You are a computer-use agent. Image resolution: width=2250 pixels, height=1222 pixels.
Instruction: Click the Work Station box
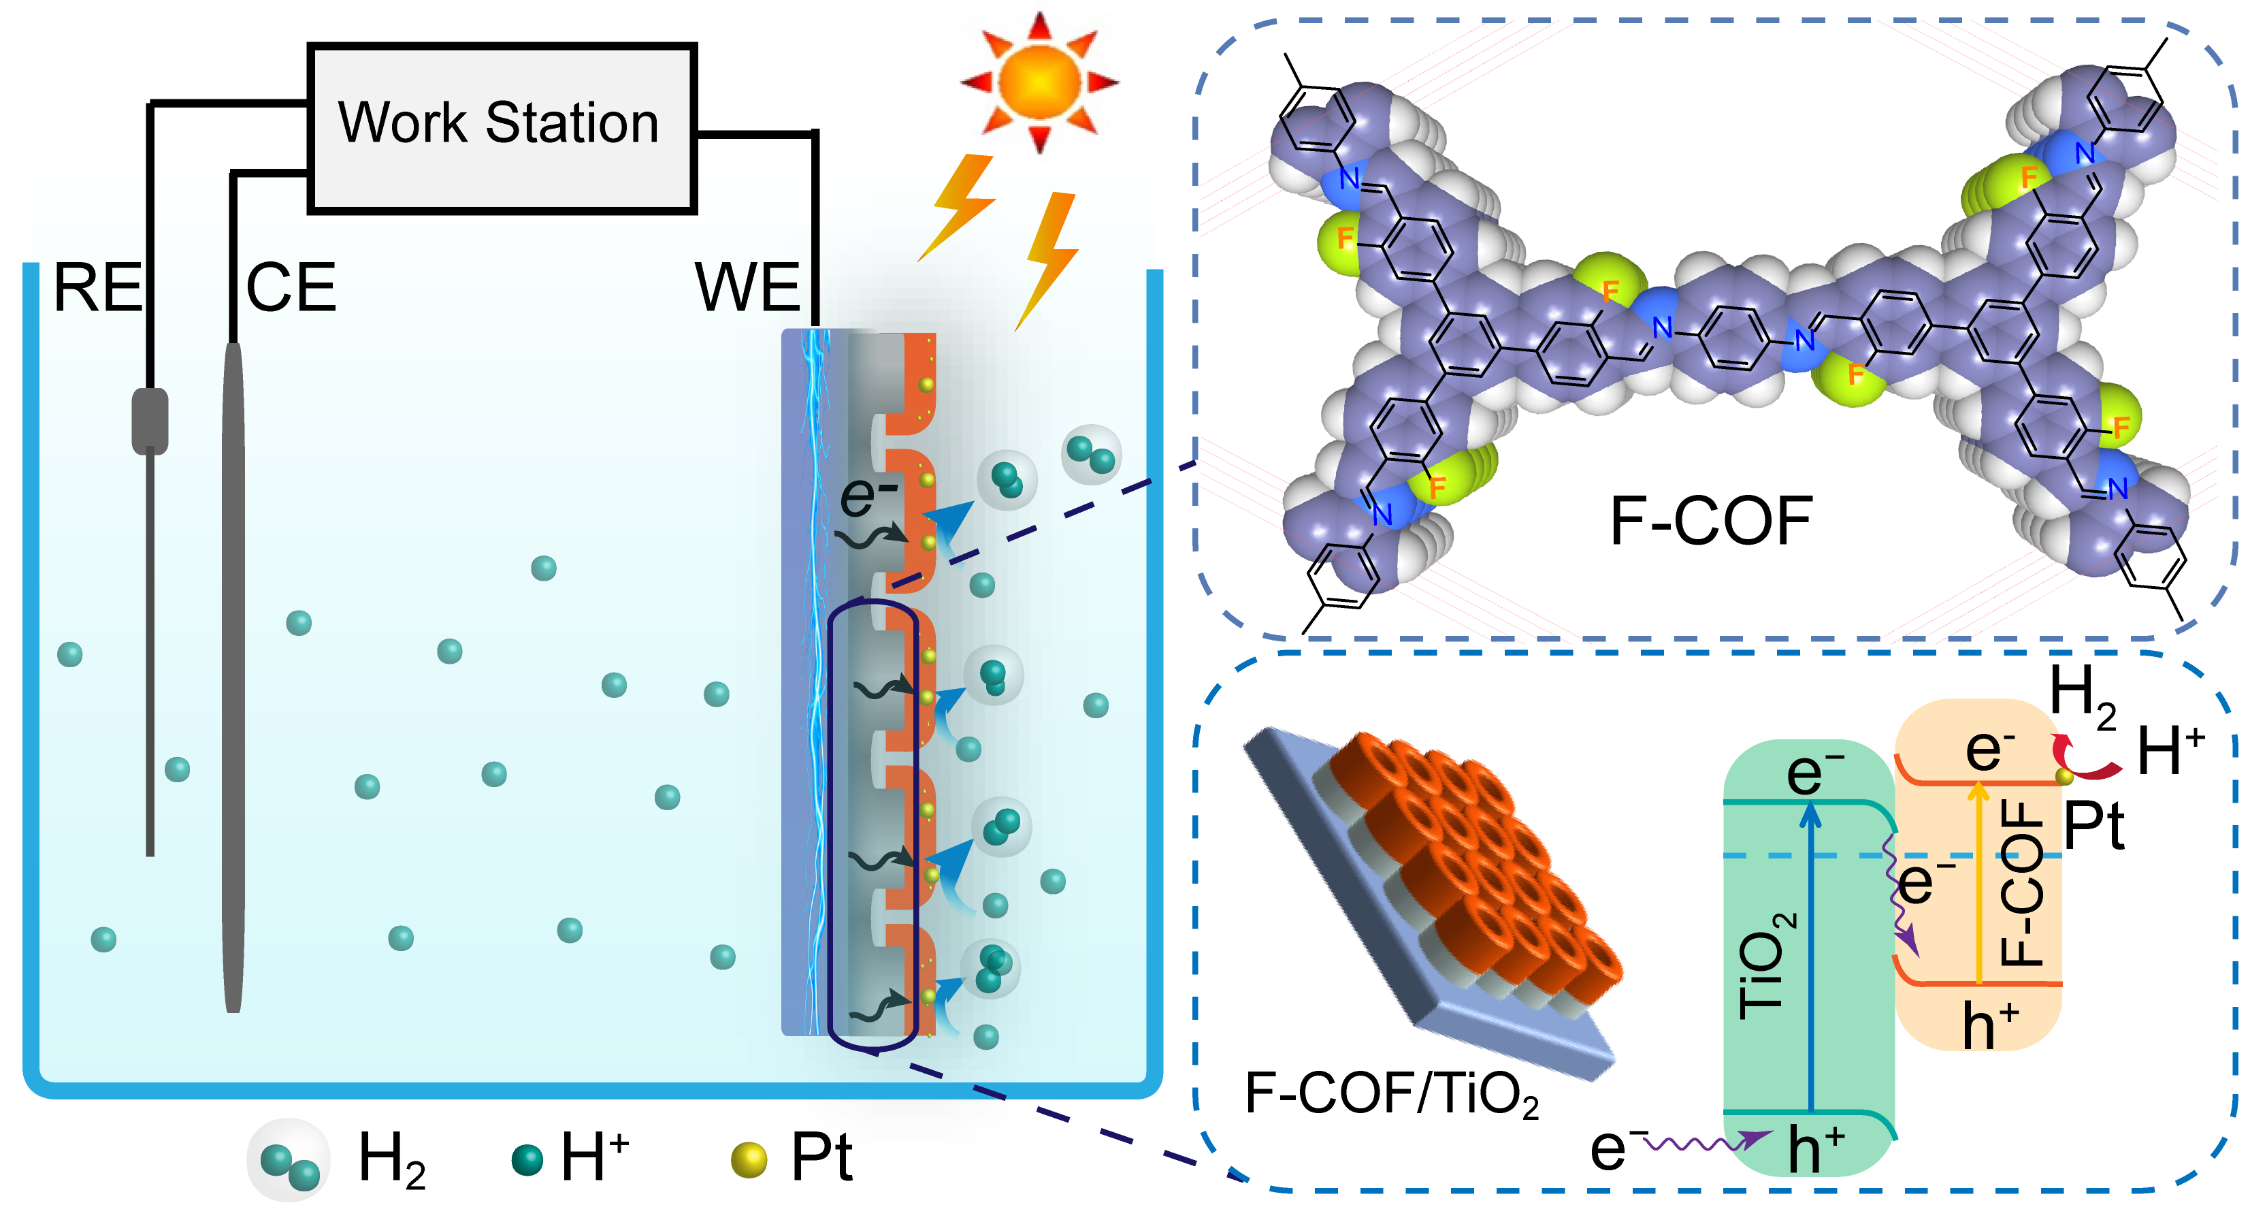coord(502,127)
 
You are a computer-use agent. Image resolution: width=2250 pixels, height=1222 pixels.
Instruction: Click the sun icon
coord(1039,81)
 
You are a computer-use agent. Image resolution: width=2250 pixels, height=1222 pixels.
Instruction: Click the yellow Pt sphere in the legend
coord(749,1160)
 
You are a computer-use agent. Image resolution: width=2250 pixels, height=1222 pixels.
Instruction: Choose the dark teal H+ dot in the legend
coord(527,1160)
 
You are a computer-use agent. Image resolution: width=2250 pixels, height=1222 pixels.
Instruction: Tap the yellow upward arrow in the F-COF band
coord(1978,882)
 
